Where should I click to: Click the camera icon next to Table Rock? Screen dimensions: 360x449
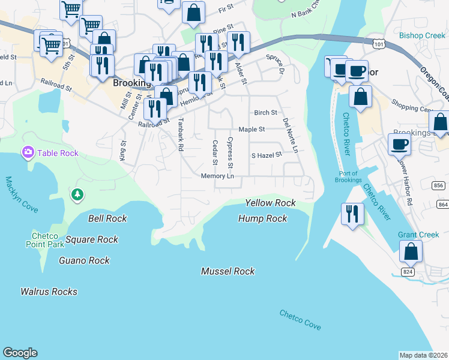(x=28, y=153)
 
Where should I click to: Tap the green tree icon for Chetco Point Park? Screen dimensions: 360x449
(x=77, y=194)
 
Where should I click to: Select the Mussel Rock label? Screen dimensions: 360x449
(x=228, y=271)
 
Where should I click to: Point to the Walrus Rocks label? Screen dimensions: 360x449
(x=49, y=292)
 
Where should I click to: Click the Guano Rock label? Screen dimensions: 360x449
(x=84, y=260)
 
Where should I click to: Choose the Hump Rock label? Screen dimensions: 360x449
(x=262, y=218)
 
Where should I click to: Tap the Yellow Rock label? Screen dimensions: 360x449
(x=270, y=203)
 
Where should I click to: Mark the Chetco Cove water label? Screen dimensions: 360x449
(x=300, y=319)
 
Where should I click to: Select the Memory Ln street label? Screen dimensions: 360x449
(x=217, y=176)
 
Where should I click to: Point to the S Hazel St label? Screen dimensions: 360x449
(x=267, y=155)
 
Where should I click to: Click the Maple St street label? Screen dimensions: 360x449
(x=252, y=129)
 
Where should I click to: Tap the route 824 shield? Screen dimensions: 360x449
(x=408, y=272)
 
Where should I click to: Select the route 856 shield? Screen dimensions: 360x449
(x=439, y=186)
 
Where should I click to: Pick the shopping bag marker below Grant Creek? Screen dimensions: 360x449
(x=411, y=251)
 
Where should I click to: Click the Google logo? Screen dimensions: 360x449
(x=20, y=353)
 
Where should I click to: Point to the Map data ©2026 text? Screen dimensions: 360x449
(x=423, y=355)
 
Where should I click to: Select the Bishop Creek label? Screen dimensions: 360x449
(x=423, y=36)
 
